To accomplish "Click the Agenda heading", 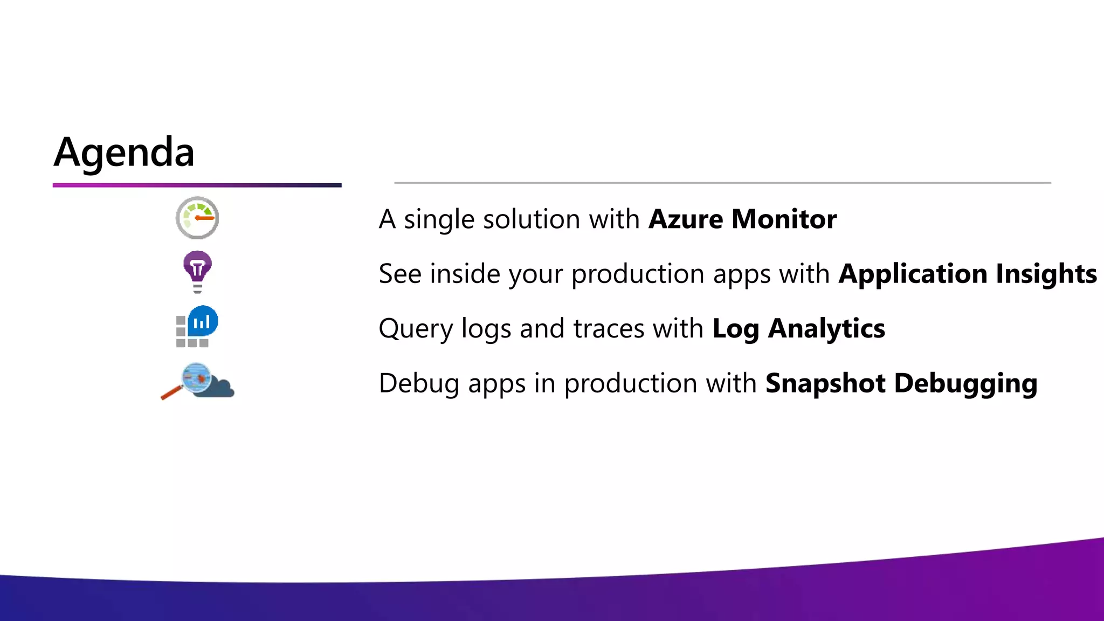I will tap(124, 153).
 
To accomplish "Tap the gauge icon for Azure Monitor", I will tap(197, 218).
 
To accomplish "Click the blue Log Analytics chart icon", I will tap(202, 322).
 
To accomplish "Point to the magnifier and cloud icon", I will tap(198, 381).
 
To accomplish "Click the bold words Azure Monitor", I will tap(742, 219).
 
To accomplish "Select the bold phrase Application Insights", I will tap(968, 274).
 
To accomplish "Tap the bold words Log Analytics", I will tap(798, 329).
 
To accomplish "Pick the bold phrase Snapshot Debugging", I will tap(901, 383).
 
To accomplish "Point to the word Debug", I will tap(419, 384).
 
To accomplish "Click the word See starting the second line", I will tap(400, 274).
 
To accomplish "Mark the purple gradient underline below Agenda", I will tap(197, 185).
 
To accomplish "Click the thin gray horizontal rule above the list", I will tap(722, 183).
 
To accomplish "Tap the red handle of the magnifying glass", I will tap(171, 393).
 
